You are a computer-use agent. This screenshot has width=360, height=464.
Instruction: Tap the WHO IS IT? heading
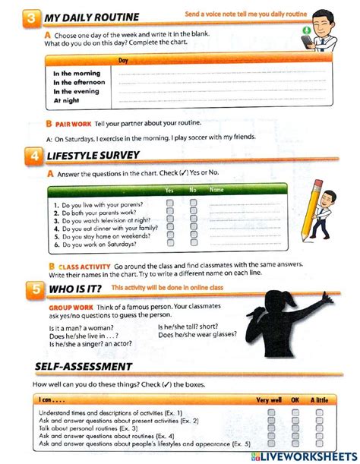click(x=74, y=289)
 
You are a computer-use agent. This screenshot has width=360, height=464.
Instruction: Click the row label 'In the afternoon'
click(x=79, y=82)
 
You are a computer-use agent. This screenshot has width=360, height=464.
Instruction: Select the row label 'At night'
click(x=67, y=100)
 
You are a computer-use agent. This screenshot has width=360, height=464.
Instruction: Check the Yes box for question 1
click(x=169, y=204)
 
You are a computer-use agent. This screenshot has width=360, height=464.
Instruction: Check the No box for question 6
click(x=193, y=245)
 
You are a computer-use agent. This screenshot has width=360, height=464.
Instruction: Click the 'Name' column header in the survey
click(x=216, y=190)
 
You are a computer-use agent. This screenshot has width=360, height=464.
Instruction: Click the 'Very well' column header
click(x=269, y=399)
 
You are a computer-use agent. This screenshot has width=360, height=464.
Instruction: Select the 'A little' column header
click(x=320, y=399)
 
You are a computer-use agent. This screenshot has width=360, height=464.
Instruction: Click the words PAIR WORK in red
click(x=73, y=124)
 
